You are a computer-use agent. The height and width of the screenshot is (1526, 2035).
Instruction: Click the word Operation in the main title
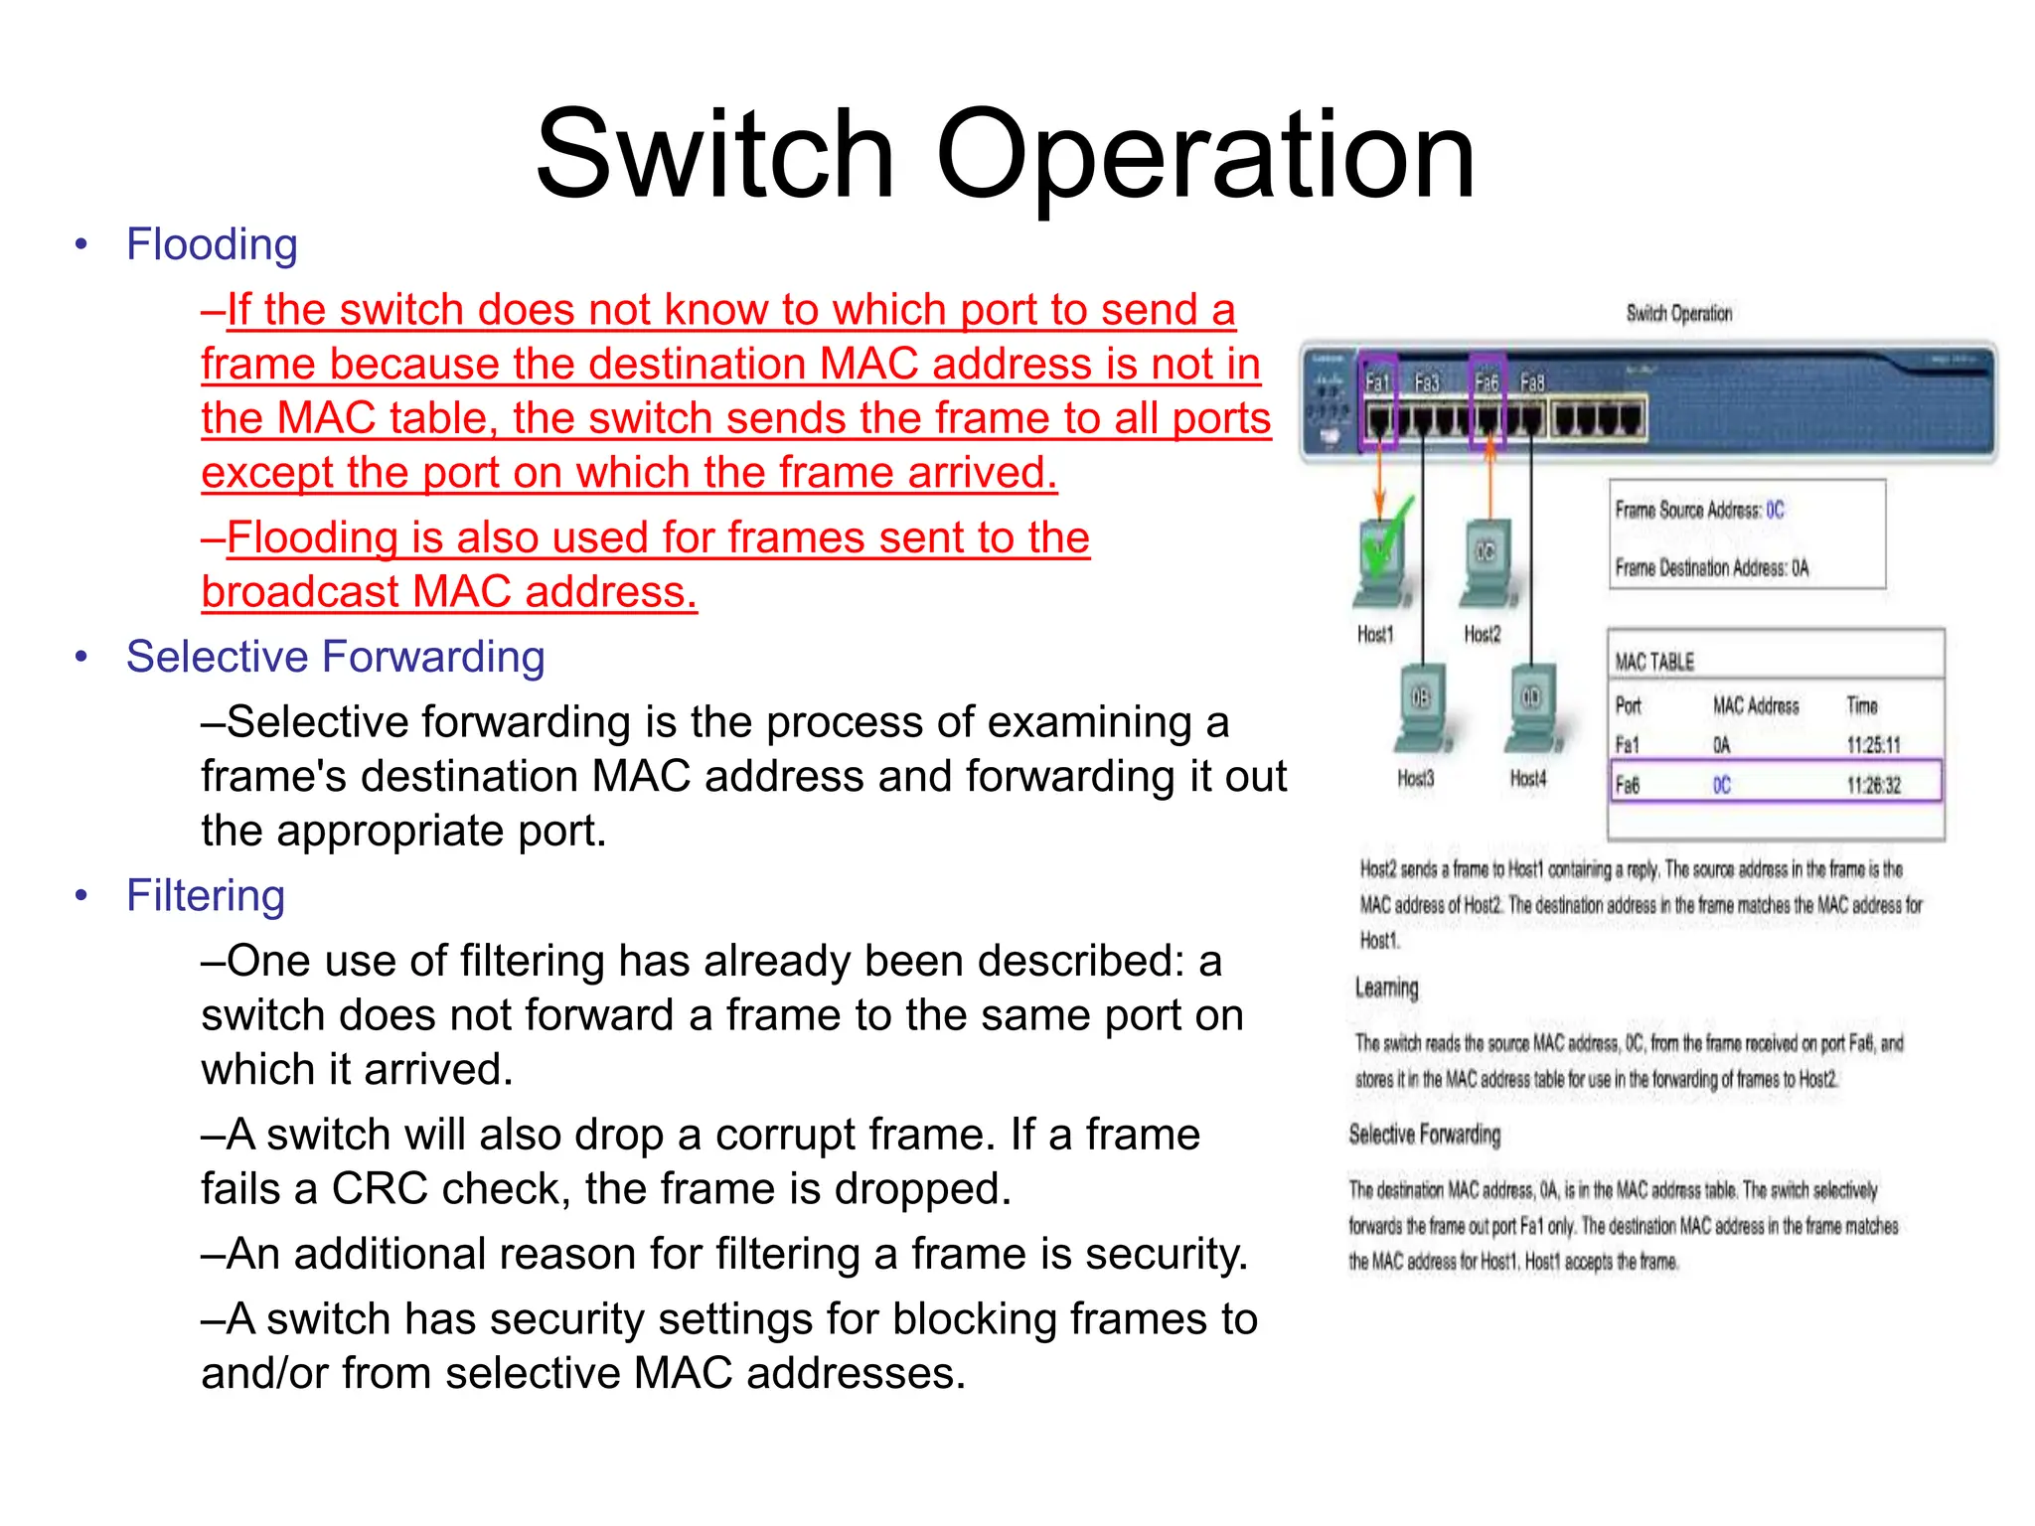click(1204, 156)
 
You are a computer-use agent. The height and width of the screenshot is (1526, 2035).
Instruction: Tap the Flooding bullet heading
click(212, 245)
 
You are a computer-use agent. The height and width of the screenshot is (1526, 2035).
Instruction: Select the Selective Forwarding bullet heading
click(335, 658)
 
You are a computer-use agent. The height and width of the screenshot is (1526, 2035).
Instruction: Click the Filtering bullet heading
click(205, 896)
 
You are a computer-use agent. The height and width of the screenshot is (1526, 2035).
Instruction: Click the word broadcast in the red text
click(299, 592)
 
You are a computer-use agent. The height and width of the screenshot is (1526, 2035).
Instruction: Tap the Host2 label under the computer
click(1482, 634)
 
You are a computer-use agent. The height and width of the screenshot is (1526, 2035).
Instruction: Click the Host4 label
click(1527, 779)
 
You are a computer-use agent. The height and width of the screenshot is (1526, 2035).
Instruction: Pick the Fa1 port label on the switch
click(1376, 382)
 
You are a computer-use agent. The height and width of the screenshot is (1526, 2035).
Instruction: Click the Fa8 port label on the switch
click(1532, 382)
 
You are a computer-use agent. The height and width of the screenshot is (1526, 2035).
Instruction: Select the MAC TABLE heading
click(1653, 662)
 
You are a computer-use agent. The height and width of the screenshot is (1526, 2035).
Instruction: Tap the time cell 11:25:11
click(1873, 745)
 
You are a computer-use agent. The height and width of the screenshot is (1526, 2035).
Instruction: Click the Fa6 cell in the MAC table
click(1627, 786)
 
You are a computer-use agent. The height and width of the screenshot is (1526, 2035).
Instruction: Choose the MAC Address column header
click(1755, 706)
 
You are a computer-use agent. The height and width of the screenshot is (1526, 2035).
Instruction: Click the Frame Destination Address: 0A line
click(1711, 568)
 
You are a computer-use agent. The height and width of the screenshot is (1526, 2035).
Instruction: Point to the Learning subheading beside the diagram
click(1386, 988)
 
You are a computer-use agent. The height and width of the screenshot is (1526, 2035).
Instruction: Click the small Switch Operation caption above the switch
click(1678, 314)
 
